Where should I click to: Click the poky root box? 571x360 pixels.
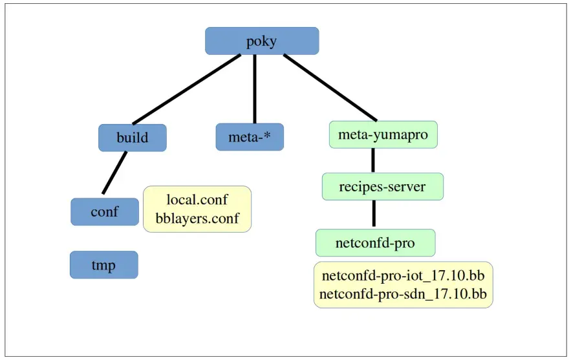coord(262,41)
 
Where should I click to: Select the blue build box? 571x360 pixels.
coord(132,138)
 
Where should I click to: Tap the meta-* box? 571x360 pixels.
coord(250,137)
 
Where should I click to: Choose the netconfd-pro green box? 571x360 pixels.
coord(375,243)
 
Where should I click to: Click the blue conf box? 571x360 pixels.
coord(104,211)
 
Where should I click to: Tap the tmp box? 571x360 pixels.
coord(103,264)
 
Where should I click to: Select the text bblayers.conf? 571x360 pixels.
coord(197,218)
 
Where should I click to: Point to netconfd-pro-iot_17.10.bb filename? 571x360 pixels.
coord(403,275)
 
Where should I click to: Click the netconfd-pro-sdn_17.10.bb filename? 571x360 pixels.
coord(403,295)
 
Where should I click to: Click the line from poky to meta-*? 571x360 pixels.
coord(255,89)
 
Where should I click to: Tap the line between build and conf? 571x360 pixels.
coord(114,173)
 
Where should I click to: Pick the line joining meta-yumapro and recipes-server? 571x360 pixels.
coord(373,160)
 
